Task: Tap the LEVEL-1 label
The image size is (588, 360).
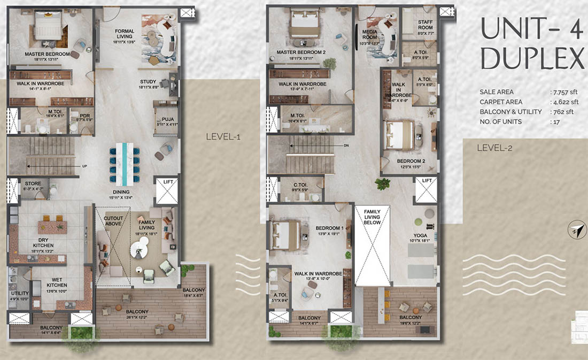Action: (x=223, y=137)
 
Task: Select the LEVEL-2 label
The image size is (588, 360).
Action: (x=494, y=148)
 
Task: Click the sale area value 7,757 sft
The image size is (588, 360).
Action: (x=564, y=92)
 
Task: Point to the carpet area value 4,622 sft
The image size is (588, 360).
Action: (x=564, y=102)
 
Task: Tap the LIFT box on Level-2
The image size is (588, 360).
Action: (x=426, y=190)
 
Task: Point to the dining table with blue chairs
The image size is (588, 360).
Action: (x=124, y=160)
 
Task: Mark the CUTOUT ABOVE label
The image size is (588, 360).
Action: (x=113, y=221)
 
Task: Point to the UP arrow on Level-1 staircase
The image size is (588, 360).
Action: (x=84, y=166)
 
